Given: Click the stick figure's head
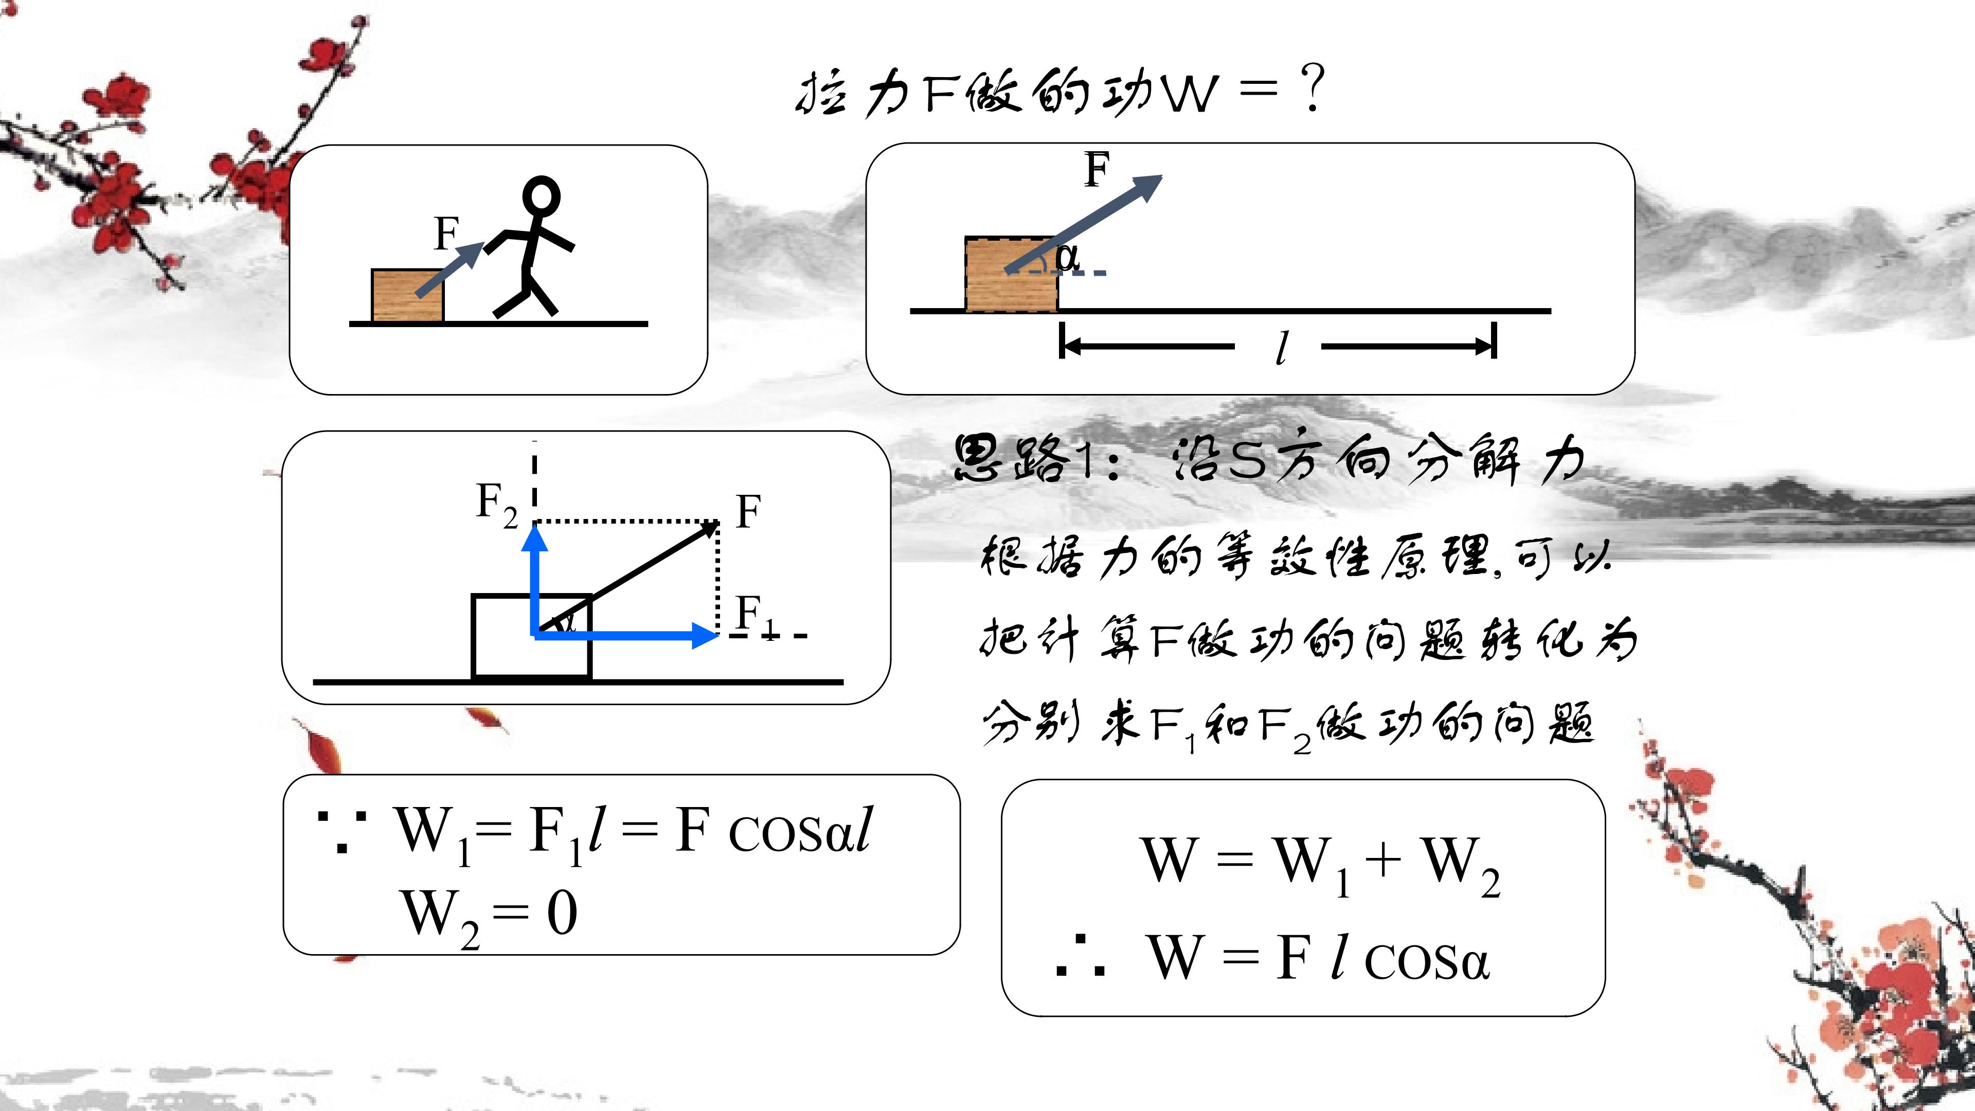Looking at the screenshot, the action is pos(541,196).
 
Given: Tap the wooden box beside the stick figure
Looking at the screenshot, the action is pos(407,295).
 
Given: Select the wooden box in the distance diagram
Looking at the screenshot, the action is pos(1011,274).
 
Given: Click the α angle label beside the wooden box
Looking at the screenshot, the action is pos(1067,256).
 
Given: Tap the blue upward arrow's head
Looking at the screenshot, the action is pos(534,537).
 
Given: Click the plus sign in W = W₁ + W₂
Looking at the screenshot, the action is pos(1383,859).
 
